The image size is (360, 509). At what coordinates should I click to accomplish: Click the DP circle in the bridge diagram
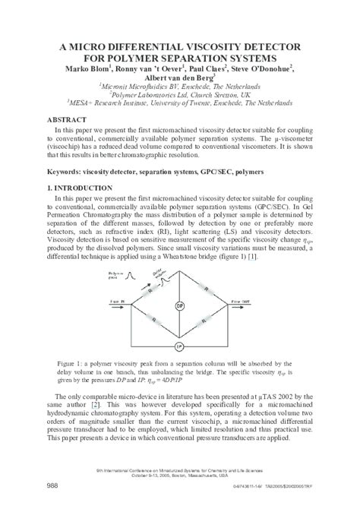[180, 306]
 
